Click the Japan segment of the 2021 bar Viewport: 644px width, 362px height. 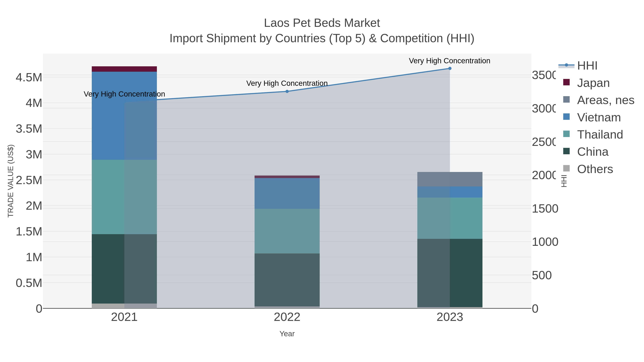click(x=124, y=69)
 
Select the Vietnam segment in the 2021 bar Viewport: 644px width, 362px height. click(x=124, y=115)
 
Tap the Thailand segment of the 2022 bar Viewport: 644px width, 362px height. click(x=287, y=231)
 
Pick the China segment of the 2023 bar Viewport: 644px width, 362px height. click(x=450, y=273)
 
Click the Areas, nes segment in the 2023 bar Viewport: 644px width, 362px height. click(x=450, y=179)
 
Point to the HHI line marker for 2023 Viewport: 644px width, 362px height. click(x=450, y=68)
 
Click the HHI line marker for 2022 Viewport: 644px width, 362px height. click(x=287, y=91)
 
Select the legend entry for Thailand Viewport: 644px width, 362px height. click(x=600, y=135)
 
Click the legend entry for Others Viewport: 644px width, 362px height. click(x=595, y=169)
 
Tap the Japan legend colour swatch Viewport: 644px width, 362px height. click(x=566, y=82)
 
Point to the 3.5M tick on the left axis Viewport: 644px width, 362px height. click(x=29, y=129)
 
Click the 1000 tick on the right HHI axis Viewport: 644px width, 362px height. click(x=545, y=242)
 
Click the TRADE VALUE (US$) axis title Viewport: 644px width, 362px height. click(x=11, y=181)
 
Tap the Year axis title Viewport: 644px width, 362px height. click(x=287, y=334)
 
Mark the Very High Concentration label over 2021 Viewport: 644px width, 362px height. click(x=124, y=94)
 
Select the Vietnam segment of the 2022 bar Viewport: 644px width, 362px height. click(x=287, y=193)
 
